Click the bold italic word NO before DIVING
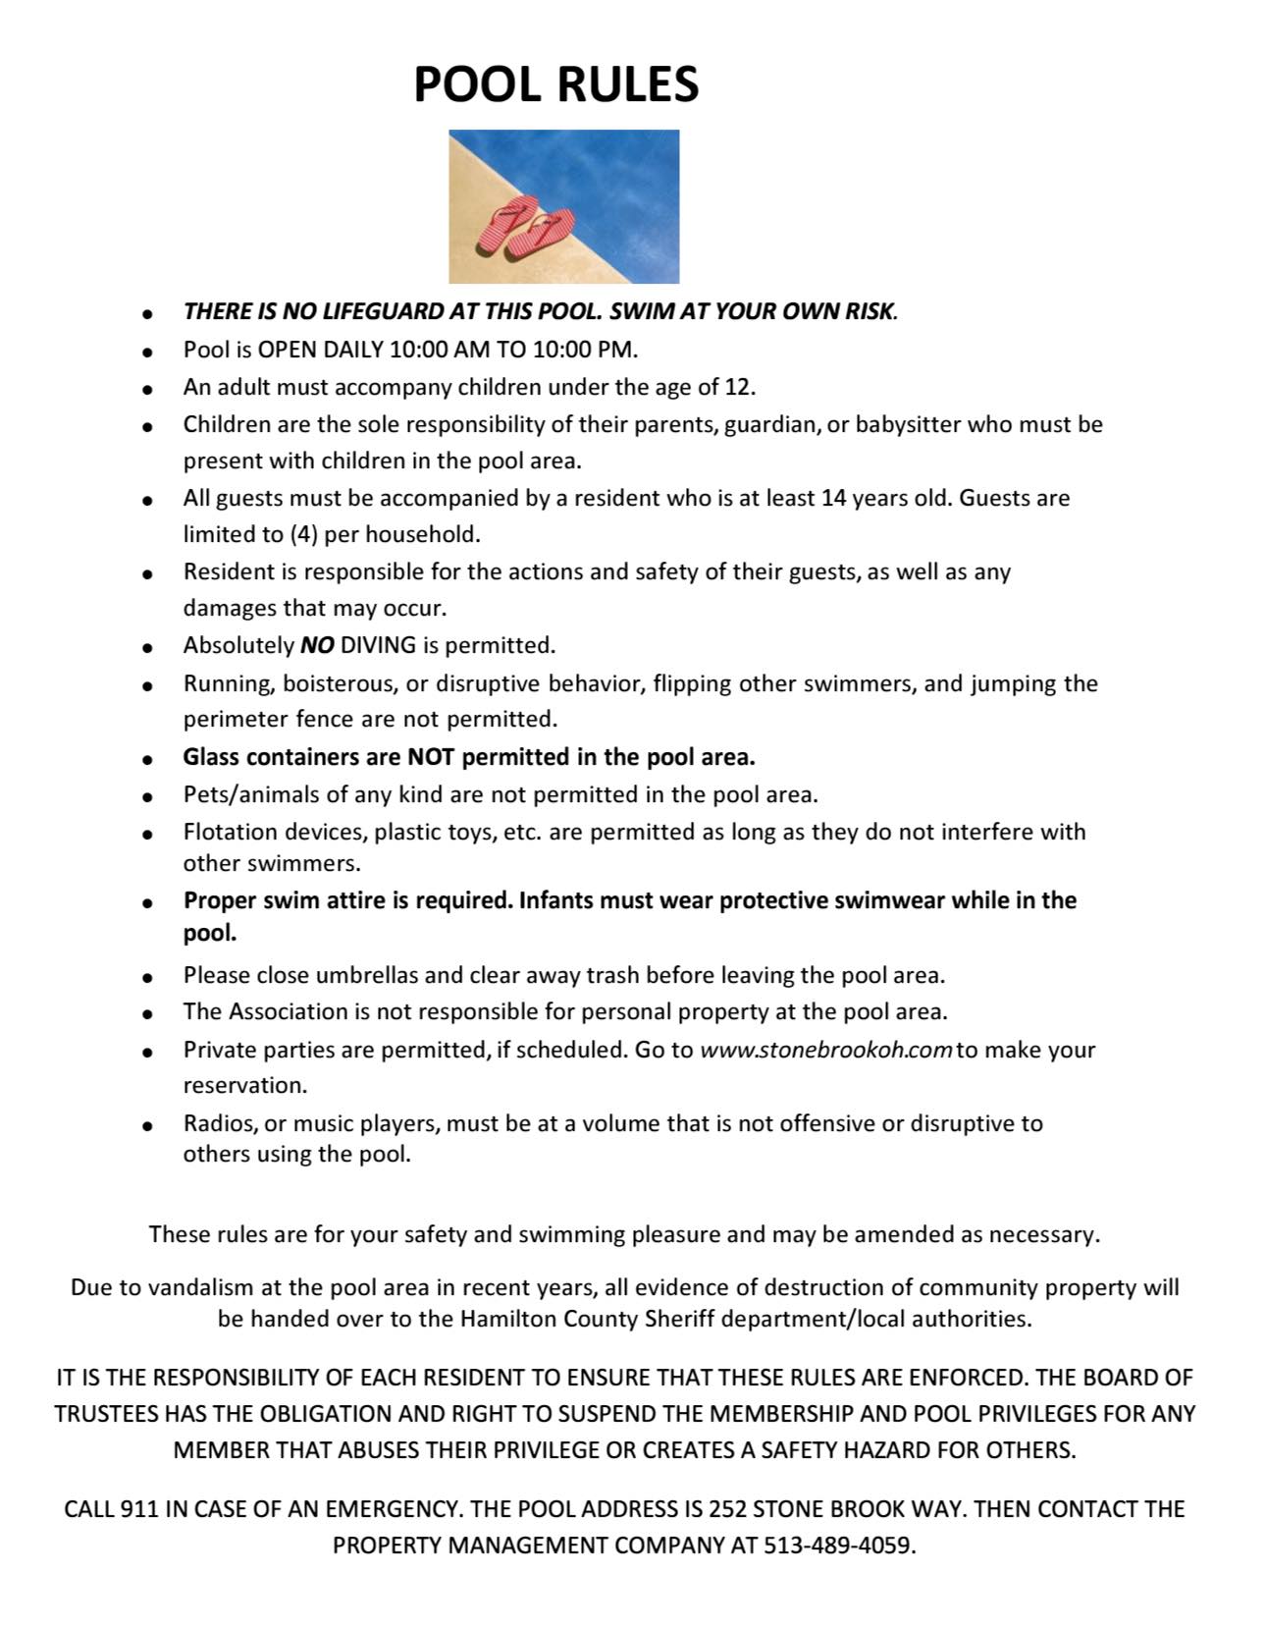coord(317,646)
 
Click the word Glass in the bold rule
coord(211,757)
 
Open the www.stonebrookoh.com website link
coord(825,1050)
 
